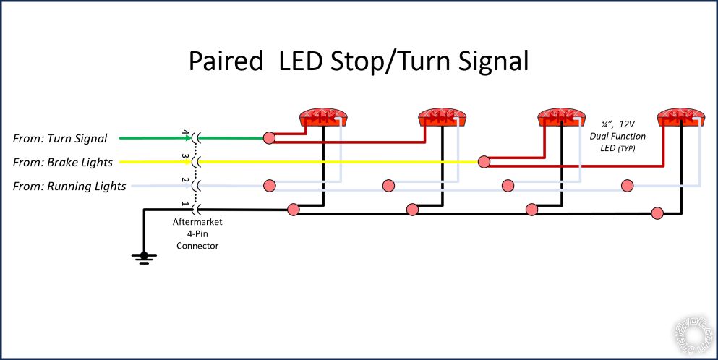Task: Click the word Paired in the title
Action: click(226, 61)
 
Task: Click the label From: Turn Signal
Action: click(60, 138)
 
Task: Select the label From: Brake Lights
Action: click(63, 162)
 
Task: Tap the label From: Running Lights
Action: click(69, 187)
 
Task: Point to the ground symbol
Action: click(145, 257)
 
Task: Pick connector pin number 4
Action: click(185, 134)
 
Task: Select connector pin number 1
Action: click(185, 205)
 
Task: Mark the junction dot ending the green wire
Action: click(269, 137)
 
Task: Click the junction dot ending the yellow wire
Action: click(482, 162)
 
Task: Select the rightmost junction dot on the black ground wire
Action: click(657, 213)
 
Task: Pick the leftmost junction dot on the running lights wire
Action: click(269, 186)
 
